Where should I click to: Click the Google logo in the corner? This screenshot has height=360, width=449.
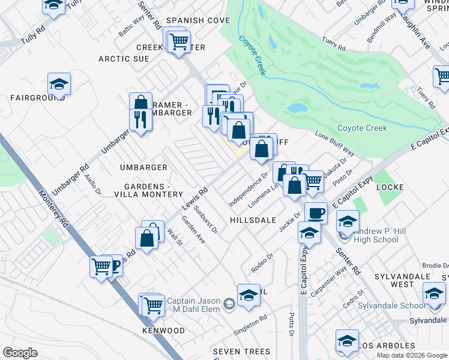(20, 353)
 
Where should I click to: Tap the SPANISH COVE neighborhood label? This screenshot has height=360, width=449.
(198, 20)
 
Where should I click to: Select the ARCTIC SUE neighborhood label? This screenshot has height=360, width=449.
(124, 59)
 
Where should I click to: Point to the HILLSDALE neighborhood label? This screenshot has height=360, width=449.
(252, 221)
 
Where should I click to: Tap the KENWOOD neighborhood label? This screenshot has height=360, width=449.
(163, 331)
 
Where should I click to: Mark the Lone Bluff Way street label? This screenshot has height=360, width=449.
(334, 145)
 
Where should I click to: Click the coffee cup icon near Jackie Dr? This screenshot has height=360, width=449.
(316, 212)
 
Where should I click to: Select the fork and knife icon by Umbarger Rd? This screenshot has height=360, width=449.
(140, 118)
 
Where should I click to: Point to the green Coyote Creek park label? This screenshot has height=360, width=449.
(361, 128)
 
